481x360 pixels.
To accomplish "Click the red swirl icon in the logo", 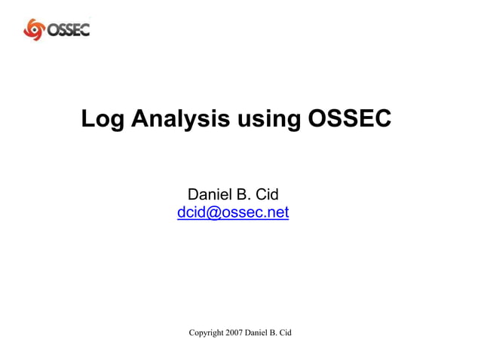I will click(x=35, y=29).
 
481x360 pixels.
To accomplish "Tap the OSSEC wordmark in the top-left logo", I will click(x=68, y=29).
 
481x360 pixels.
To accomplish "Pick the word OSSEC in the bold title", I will click(x=350, y=118).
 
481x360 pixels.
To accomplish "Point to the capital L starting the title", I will click(x=88, y=118).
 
